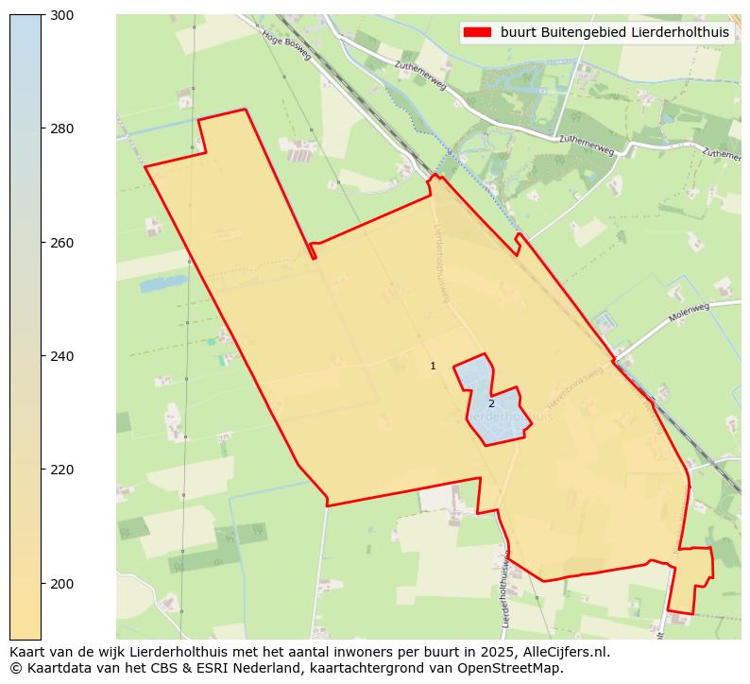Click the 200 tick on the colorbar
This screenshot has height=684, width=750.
click(x=62, y=584)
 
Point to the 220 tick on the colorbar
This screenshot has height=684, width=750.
click(x=62, y=470)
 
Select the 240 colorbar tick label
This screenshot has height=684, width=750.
click(x=62, y=356)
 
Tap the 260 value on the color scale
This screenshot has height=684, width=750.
click(x=62, y=243)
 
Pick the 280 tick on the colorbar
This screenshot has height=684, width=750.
click(x=62, y=128)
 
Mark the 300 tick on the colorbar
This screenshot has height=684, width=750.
click(x=62, y=15)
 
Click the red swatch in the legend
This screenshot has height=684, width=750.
click(x=477, y=32)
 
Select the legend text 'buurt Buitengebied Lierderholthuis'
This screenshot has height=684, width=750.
click(x=615, y=32)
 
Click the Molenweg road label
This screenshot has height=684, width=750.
click(x=688, y=313)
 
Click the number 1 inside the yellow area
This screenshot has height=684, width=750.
click(x=433, y=366)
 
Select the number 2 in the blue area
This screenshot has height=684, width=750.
click(x=491, y=403)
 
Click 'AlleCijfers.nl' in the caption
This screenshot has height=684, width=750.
click(x=566, y=652)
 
